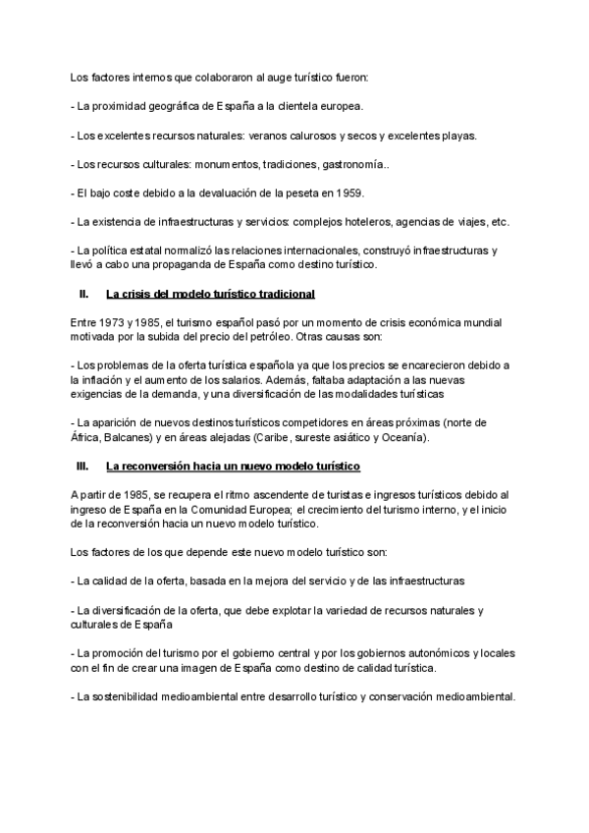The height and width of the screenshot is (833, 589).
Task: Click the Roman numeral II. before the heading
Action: pos(83,294)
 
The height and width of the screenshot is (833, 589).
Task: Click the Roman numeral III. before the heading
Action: pos(82,465)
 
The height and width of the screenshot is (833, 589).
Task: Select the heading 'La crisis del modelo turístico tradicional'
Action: pos(210,294)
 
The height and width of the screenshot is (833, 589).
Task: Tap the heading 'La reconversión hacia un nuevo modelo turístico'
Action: pos(233,465)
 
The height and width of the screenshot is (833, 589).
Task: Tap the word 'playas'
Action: pos(456,137)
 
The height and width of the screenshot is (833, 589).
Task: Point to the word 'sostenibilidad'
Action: pos(130,697)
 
